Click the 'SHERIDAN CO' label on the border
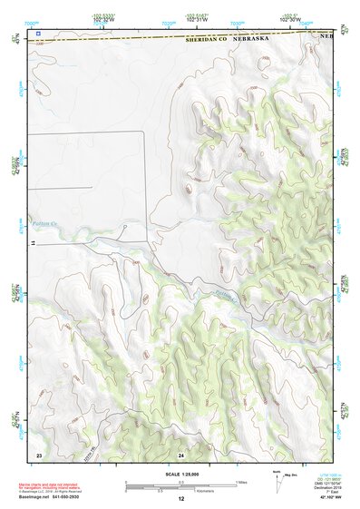tap(207, 40)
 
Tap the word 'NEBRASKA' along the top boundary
tap(255, 40)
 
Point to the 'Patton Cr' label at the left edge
tap(42, 223)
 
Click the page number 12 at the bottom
tap(180, 499)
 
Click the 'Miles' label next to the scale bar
tap(241, 482)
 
